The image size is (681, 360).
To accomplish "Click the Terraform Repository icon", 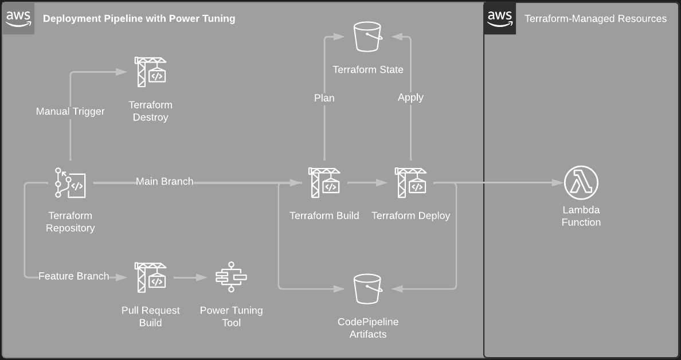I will [71, 183].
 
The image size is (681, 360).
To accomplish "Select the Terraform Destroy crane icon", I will [150, 72].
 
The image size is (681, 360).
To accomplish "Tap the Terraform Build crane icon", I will [324, 183].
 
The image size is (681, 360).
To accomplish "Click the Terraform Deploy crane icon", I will [410, 183].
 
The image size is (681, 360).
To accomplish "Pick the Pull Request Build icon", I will [150, 277].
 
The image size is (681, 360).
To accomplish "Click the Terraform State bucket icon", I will [367, 37].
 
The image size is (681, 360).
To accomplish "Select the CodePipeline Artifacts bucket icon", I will [367, 289].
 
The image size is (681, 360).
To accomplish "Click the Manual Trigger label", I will [70, 111].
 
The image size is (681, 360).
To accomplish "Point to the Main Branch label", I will [165, 182].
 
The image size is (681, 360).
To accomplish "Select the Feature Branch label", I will [73, 276].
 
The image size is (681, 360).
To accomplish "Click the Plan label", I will [324, 98].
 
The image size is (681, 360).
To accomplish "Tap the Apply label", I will [410, 97].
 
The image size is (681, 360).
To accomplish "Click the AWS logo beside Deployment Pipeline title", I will [18, 18].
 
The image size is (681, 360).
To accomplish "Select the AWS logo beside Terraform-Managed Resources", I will [500, 18].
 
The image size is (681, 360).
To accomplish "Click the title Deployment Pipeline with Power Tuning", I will [139, 18].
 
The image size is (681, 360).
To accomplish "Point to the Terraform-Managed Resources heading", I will [596, 18].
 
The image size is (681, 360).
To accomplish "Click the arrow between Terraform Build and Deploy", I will [367, 183].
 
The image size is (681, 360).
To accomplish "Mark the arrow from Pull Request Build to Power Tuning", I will [190, 277].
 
